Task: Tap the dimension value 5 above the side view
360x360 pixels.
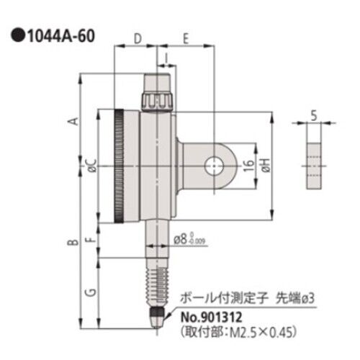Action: tap(315, 113)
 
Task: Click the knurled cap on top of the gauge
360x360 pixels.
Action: tap(159, 99)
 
